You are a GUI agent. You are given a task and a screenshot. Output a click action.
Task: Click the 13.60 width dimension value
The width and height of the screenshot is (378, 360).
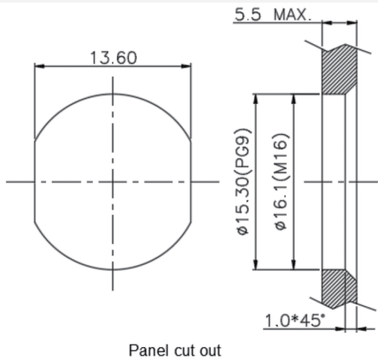click(x=113, y=58)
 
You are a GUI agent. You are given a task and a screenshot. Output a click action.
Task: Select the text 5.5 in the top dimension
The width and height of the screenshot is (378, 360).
click(x=247, y=15)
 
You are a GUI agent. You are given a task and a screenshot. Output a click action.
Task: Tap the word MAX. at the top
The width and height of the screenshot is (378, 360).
click(x=293, y=15)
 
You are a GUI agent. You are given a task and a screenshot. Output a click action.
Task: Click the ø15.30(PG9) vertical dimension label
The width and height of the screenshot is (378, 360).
click(x=243, y=182)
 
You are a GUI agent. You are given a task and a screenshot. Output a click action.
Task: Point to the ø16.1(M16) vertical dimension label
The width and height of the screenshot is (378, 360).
click(x=282, y=181)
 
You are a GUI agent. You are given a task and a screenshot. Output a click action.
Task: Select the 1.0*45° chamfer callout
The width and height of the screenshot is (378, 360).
click(x=294, y=321)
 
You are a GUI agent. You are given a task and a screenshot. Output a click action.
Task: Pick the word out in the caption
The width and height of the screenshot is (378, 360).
click(x=210, y=351)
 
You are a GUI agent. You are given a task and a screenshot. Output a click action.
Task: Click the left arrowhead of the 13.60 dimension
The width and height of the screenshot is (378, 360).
click(x=39, y=67)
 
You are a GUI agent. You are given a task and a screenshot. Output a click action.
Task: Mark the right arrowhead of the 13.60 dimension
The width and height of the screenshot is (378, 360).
click(x=186, y=67)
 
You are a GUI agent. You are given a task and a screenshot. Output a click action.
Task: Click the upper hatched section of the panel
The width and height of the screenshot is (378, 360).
click(x=339, y=70)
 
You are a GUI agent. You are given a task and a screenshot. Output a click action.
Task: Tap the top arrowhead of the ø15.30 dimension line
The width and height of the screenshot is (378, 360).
click(x=256, y=99)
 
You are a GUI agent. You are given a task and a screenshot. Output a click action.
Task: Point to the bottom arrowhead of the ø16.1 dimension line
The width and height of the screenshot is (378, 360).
click(x=294, y=264)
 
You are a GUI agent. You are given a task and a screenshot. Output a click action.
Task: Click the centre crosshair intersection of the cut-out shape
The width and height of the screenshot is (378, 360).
click(x=113, y=182)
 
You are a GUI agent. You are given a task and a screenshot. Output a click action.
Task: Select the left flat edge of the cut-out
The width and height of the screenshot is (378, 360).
click(x=34, y=181)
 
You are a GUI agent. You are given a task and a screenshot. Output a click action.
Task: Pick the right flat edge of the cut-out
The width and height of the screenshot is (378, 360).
click(x=191, y=181)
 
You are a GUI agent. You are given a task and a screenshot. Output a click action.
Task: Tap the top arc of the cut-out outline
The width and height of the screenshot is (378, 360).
click(x=113, y=94)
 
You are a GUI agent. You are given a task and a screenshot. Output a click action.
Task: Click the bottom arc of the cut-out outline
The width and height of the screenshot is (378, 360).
click(x=113, y=270)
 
